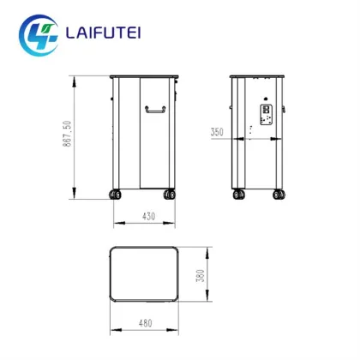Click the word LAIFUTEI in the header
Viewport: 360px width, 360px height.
105,33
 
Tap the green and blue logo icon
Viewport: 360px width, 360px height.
39,33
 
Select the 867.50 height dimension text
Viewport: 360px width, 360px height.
66,135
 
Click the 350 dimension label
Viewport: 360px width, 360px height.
216,132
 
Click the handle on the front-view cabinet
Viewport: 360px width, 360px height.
155,109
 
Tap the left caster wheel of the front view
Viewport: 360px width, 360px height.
115,195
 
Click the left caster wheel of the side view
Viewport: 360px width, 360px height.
238,195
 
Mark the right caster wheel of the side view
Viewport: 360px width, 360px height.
278,195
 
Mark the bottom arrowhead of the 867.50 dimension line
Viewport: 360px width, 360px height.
75,195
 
